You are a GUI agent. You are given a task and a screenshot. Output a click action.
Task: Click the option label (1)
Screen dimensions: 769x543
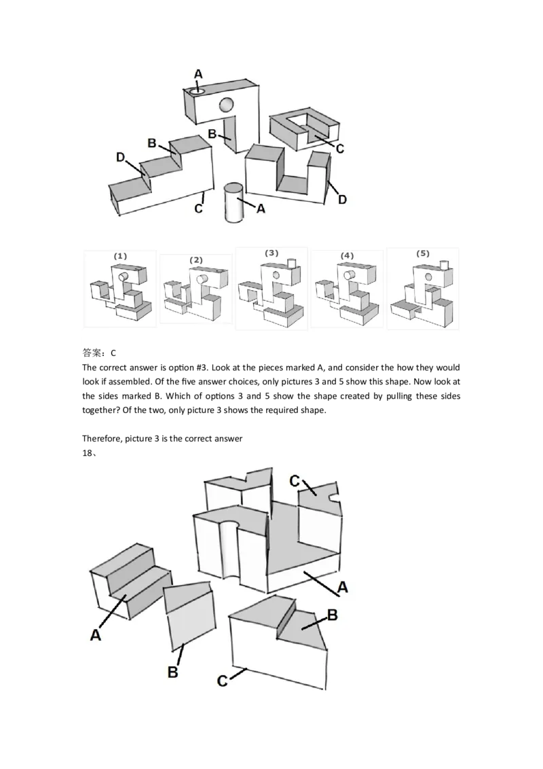[x=120, y=256]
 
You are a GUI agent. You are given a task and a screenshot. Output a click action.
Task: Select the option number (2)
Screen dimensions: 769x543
[x=196, y=260]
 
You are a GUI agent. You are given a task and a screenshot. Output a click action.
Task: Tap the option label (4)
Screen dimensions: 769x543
[x=348, y=255]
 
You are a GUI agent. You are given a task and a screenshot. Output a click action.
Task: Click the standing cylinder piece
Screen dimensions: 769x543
[x=234, y=202]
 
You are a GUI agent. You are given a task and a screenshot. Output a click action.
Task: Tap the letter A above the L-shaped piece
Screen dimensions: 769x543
[x=198, y=73]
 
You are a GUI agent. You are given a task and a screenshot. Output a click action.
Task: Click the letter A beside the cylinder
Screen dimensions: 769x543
[x=259, y=209]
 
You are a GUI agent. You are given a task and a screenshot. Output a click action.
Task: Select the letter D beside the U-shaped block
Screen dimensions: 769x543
[x=342, y=199]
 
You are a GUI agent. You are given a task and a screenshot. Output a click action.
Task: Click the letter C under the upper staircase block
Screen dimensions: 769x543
[x=198, y=208]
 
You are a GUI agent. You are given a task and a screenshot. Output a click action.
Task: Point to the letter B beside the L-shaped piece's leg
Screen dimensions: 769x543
[x=212, y=135]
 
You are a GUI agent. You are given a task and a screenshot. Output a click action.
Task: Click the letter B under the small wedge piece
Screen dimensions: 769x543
[x=172, y=673]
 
